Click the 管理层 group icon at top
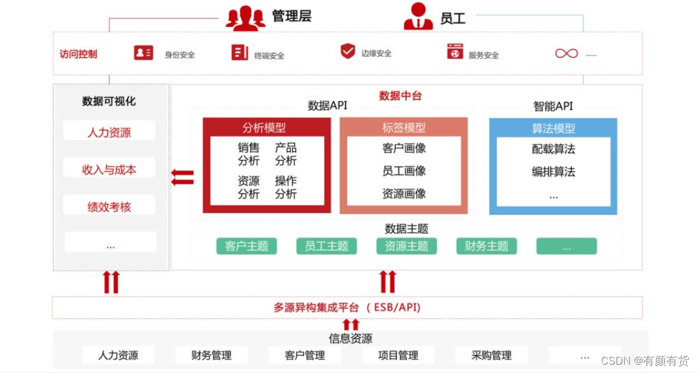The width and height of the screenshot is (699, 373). [x=245, y=17]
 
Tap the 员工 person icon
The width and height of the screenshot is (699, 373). [x=418, y=17]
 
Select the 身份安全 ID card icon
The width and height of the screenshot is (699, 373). [x=144, y=53]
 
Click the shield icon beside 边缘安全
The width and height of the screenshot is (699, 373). [x=348, y=51]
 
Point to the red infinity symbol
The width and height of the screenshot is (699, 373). [x=566, y=53]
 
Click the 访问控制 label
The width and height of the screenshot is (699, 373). [x=78, y=54]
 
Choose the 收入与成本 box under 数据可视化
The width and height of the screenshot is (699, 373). [x=109, y=170]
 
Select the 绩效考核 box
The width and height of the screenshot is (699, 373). [x=109, y=207]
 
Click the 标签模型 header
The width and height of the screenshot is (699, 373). [x=404, y=127]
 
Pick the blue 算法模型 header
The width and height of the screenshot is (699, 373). [x=553, y=128]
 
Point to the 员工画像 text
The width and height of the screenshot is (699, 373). [x=404, y=171]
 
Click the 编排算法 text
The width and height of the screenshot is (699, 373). [x=553, y=172]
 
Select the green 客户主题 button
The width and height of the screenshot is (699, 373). [x=247, y=246]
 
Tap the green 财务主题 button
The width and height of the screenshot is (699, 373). [x=486, y=246]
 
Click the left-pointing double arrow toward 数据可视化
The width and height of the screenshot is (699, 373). [x=183, y=177]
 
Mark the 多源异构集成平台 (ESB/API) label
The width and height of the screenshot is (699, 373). [x=347, y=307]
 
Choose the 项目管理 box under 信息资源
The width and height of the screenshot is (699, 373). [x=398, y=355]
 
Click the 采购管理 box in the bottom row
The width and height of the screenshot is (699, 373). [x=491, y=355]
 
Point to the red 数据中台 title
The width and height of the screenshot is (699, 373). [x=400, y=96]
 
